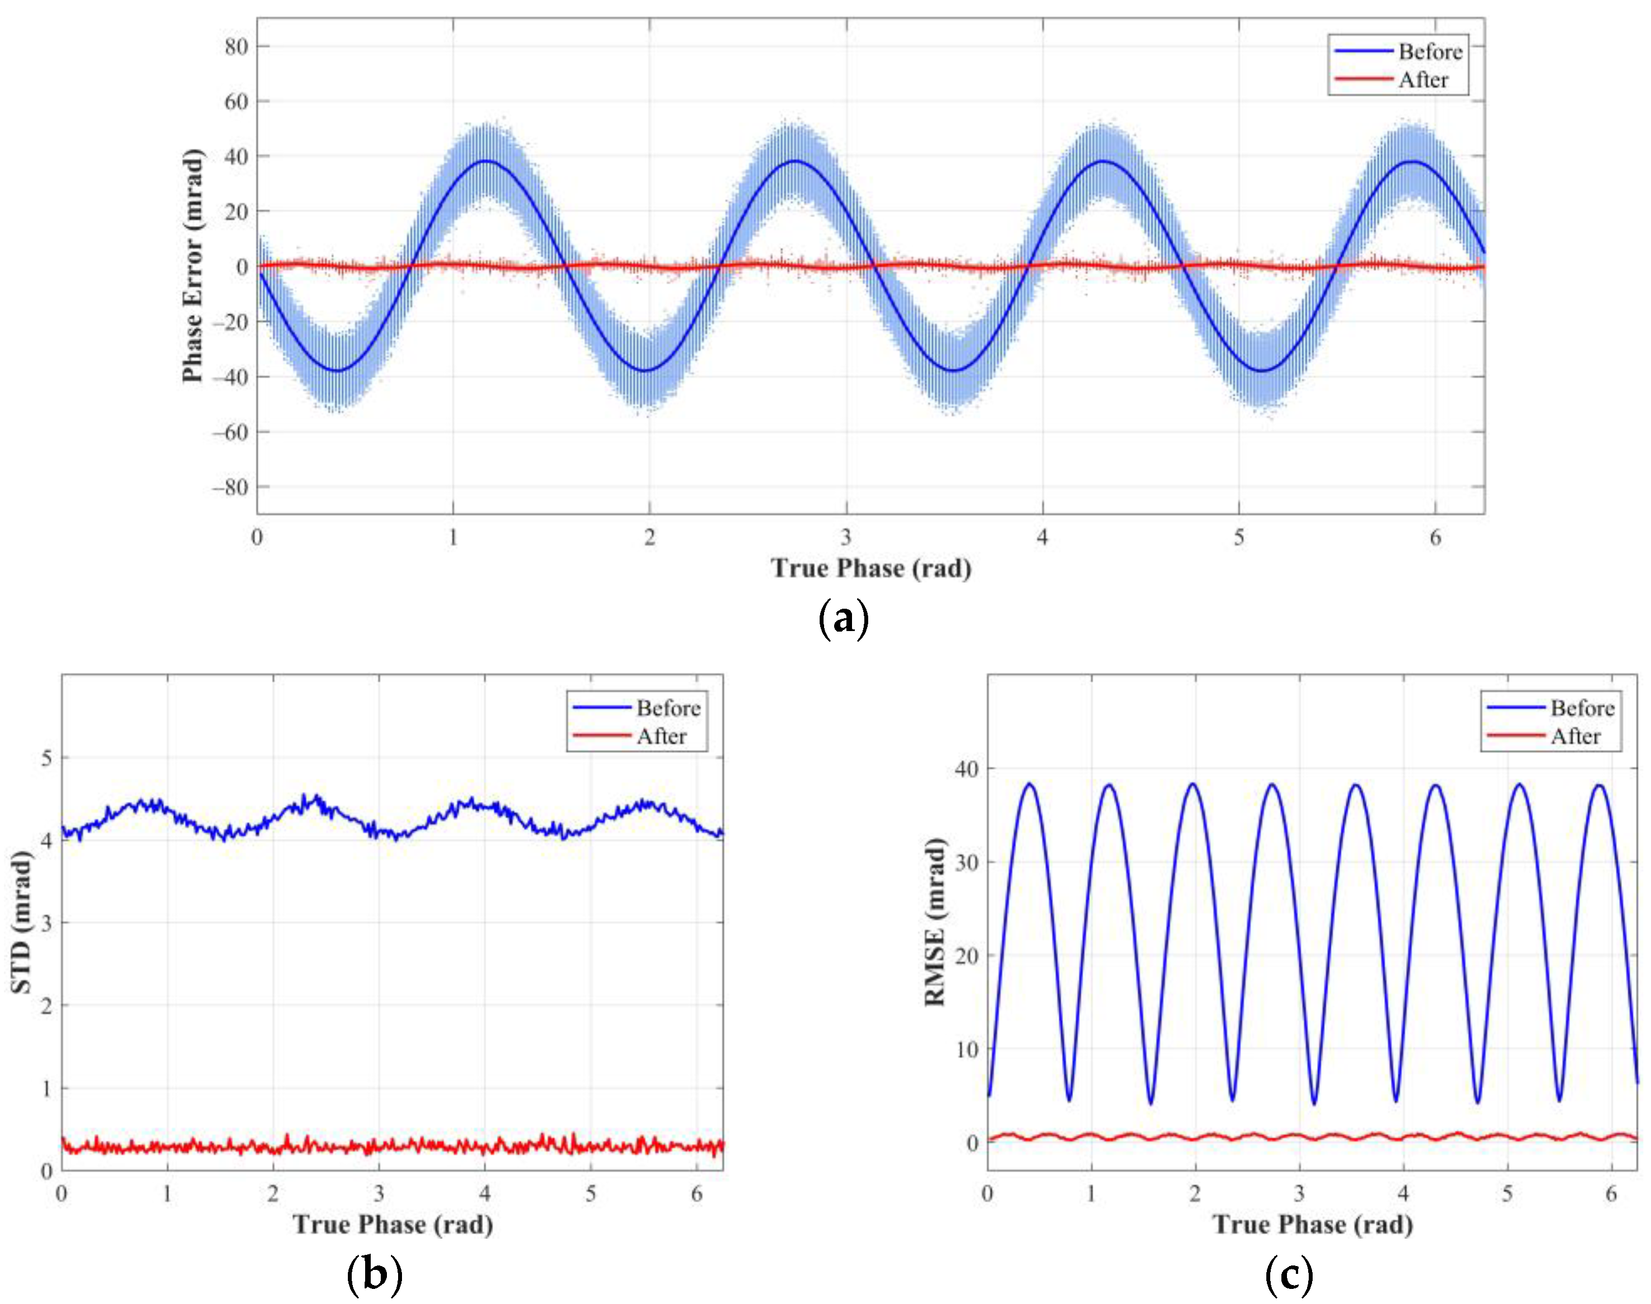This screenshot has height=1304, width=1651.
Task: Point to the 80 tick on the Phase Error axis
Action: (x=236, y=46)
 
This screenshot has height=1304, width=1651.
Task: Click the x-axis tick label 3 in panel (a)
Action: (x=846, y=537)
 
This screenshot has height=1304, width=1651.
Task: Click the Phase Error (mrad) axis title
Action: (x=193, y=266)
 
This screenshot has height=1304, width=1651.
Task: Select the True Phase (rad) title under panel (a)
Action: (x=871, y=569)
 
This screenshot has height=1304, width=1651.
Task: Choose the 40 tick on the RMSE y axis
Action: (x=966, y=769)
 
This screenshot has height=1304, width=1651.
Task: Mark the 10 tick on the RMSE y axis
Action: (x=966, y=1050)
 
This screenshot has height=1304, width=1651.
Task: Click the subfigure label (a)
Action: (x=843, y=618)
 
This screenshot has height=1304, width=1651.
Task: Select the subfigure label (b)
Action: (x=374, y=1274)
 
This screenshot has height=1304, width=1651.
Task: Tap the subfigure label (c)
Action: (x=1289, y=1274)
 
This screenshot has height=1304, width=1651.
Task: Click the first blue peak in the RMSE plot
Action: (x=1030, y=784)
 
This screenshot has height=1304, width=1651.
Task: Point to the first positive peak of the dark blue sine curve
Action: (x=484, y=161)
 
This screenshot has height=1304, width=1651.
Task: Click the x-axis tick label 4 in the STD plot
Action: (x=485, y=1193)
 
